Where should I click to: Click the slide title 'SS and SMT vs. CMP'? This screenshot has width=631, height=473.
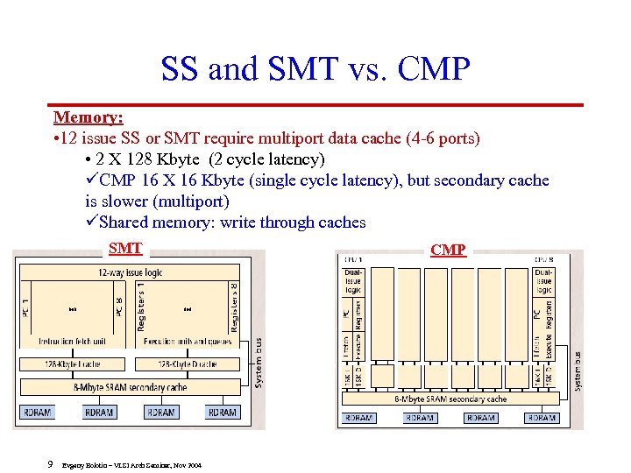pyautogui.click(x=315, y=67)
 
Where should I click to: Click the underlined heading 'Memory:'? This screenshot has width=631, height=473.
pyautogui.click(x=88, y=117)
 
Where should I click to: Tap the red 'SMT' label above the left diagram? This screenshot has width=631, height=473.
pyautogui.click(x=125, y=248)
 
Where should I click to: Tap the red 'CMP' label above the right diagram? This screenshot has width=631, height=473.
pyautogui.click(x=448, y=250)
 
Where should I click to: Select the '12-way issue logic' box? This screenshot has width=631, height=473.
pyautogui.click(x=130, y=272)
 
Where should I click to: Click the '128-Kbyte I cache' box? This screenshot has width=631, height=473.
pyautogui.click(x=72, y=364)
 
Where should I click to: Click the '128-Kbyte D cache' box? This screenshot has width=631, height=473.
pyautogui.click(x=188, y=364)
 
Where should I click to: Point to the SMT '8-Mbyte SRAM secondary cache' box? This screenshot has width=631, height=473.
pyautogui.click(x=130, y=387)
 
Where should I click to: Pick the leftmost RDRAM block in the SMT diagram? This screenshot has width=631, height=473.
pyautogui.click(x=37, y=412)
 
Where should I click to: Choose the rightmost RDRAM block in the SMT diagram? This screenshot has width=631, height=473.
pyautogui.click(x=223, y=412)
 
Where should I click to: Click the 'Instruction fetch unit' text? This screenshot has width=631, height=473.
pyautogui.click(x=71, y=342)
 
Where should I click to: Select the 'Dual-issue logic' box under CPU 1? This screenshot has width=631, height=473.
pyautogui.click(x=352, y=281)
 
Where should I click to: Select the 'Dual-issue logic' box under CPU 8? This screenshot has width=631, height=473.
pyautogui.click(x=543, y=281)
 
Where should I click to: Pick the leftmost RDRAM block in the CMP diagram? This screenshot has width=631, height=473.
pyautogui.click(x=358, y=418)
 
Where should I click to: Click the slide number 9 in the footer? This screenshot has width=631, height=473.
pyautogui.click(x=51, y=464)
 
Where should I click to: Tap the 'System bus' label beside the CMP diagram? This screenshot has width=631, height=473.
pyautogui.click(x=577, y=371)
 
